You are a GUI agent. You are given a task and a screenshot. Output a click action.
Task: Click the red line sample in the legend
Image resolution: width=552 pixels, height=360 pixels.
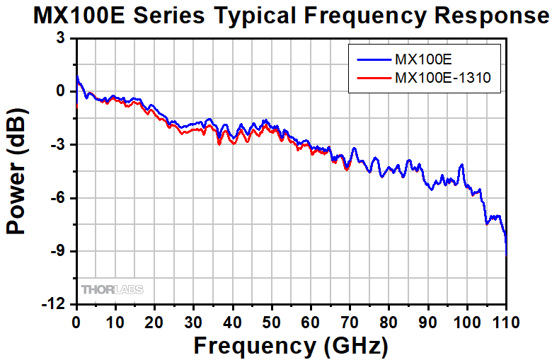pyautogui.click(x=372, y=79)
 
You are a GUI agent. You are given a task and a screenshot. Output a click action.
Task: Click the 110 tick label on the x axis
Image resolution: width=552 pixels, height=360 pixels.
pyautogui.click(x=505, y=323)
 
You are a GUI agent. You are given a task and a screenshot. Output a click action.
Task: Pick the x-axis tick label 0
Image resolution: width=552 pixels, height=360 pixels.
pyautogui.click(x=76, y=323)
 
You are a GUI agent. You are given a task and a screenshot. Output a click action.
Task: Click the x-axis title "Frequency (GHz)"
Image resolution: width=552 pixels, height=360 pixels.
pyautogui.click(x=290, y=346)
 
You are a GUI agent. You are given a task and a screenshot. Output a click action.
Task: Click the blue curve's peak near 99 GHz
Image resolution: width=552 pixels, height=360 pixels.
pyautogui.click(x=462, y=165)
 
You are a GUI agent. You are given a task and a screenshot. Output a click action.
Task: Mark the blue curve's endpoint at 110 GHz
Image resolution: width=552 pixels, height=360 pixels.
pyautogui.click(x=506, y=252)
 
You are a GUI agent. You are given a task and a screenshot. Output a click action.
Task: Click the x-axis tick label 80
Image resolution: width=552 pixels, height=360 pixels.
pyautogui.click(x=388, y=323)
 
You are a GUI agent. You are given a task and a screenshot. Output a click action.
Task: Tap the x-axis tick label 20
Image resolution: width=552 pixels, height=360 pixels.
pyautogui.click(x=154, y=323)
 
